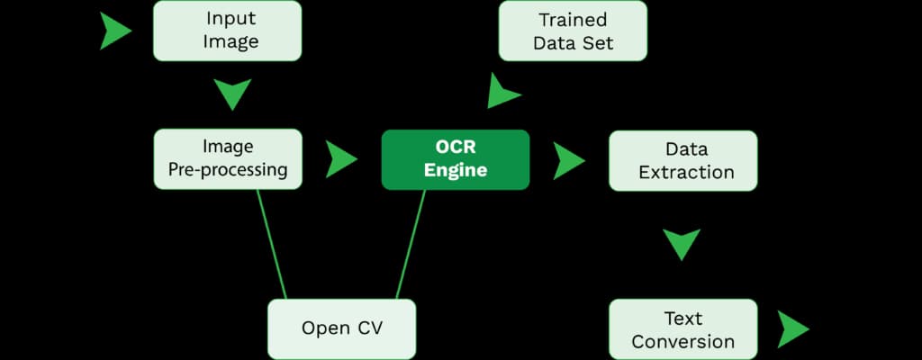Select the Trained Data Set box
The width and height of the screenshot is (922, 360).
tap(573, 31)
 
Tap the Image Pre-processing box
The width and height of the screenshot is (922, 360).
tap(227, 158)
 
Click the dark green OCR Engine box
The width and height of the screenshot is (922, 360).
tap(455, 159)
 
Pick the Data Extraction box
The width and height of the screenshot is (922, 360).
tap(683, 160)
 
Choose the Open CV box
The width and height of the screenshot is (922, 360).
tap(342, 328)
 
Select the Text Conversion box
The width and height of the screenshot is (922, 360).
tap(682, 329)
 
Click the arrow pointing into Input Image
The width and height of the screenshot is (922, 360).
tap(113, 31)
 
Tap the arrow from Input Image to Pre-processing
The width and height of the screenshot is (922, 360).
tap(232, 94)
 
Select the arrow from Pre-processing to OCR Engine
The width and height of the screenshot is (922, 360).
tap(340, 159)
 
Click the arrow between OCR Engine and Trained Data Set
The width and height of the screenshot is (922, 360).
tap(502, 92)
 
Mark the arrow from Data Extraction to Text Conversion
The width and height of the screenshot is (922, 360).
tap(682, 243)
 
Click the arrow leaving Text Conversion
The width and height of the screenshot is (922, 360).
tap(792, 329)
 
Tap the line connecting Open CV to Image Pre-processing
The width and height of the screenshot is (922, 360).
tap(271, 243)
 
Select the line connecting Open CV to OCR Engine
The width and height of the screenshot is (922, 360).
tap(411, 244)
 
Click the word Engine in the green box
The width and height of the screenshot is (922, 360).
tap(455, 171)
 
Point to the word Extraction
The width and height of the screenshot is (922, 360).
tap(686, 172)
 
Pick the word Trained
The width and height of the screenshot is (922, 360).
tap(573, 20)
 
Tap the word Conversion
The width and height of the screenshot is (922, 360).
tap(682, 341)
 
